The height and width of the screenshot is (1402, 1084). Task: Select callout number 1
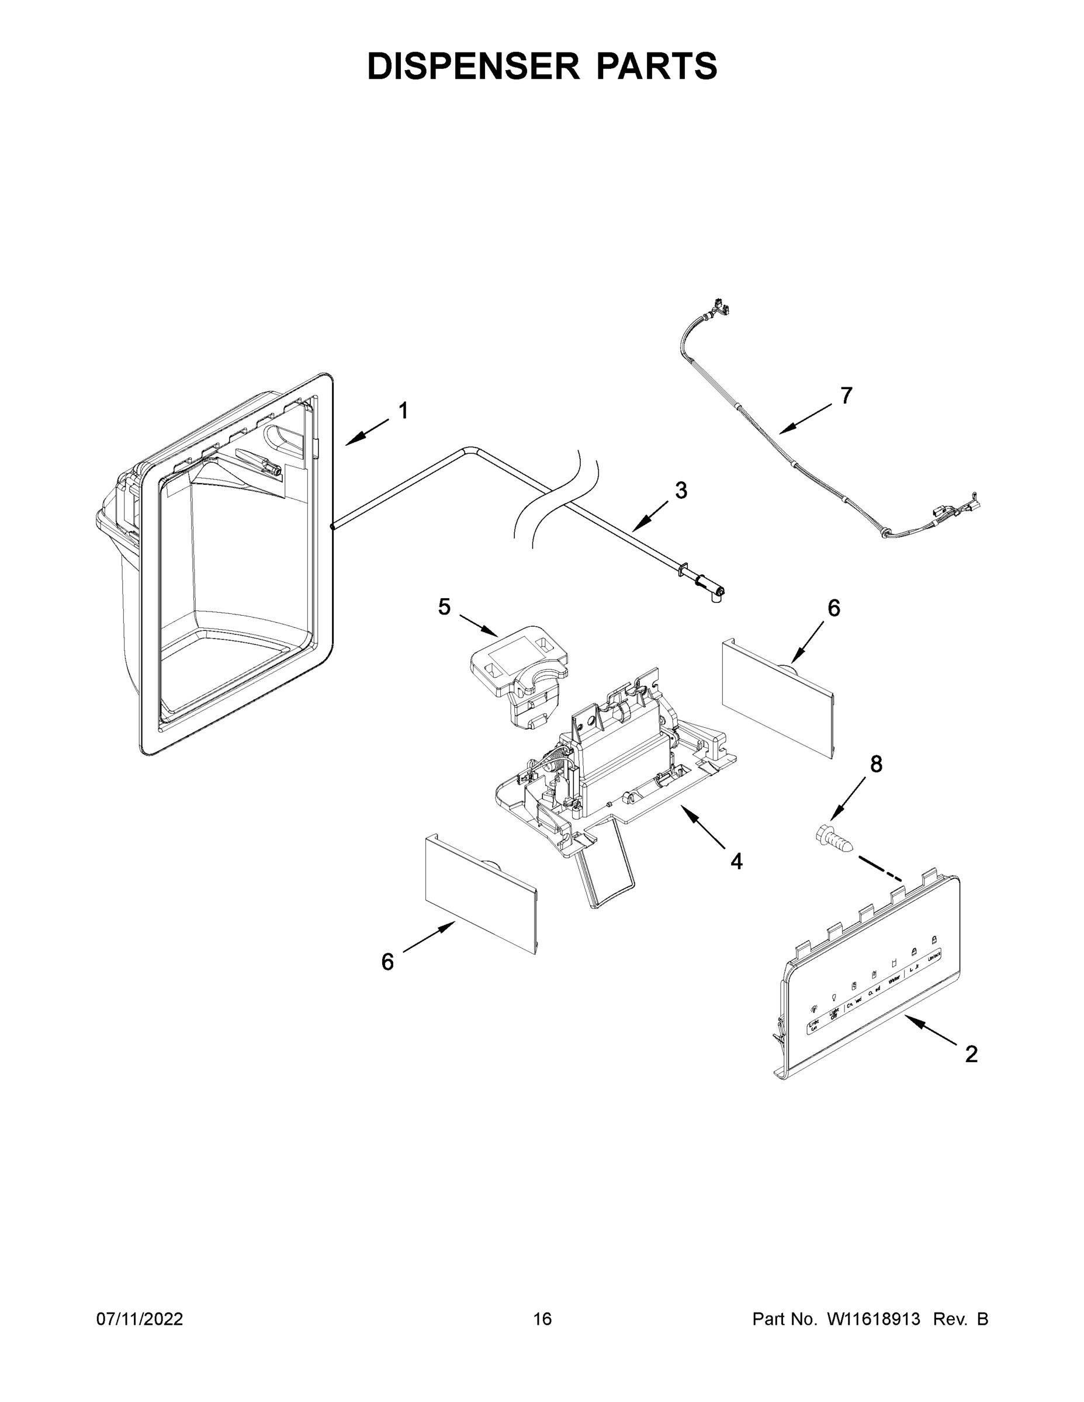[403, 411]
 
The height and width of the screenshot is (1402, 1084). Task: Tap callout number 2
[972, 1053]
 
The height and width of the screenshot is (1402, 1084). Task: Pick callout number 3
[681, 491]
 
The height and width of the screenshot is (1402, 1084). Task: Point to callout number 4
[736, 861]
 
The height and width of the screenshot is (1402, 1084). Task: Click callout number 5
[444, 606]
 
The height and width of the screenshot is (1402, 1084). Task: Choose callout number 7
[846, 396]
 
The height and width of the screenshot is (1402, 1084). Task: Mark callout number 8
[876, 764]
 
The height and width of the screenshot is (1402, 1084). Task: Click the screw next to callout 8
[833, 839]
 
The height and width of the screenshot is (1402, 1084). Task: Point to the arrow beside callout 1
[366, 431]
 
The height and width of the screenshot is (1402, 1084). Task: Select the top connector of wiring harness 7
[719, 307]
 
